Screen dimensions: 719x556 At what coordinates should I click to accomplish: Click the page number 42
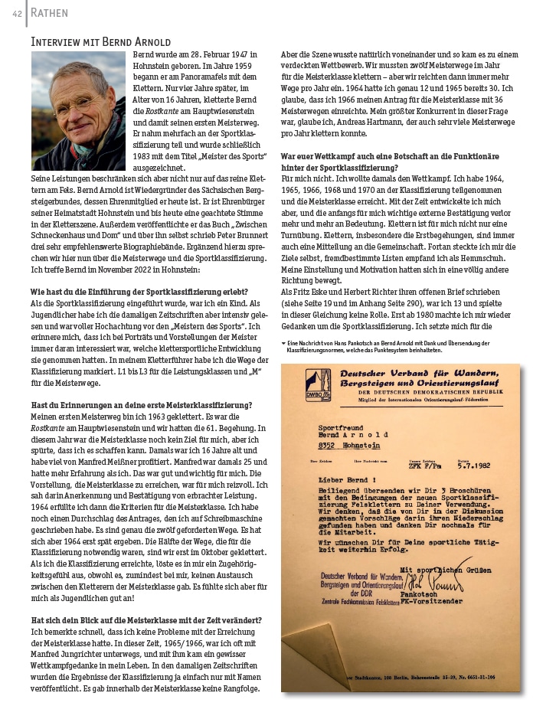(15, 12)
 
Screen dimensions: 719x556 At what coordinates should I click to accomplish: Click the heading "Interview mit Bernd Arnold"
(100, 41)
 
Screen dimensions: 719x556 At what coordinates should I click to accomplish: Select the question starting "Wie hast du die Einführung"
(139, 292)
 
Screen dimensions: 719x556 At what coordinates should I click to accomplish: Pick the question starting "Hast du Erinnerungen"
(141, 404)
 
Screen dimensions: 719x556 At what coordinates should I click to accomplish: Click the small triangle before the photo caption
(284, 342)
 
